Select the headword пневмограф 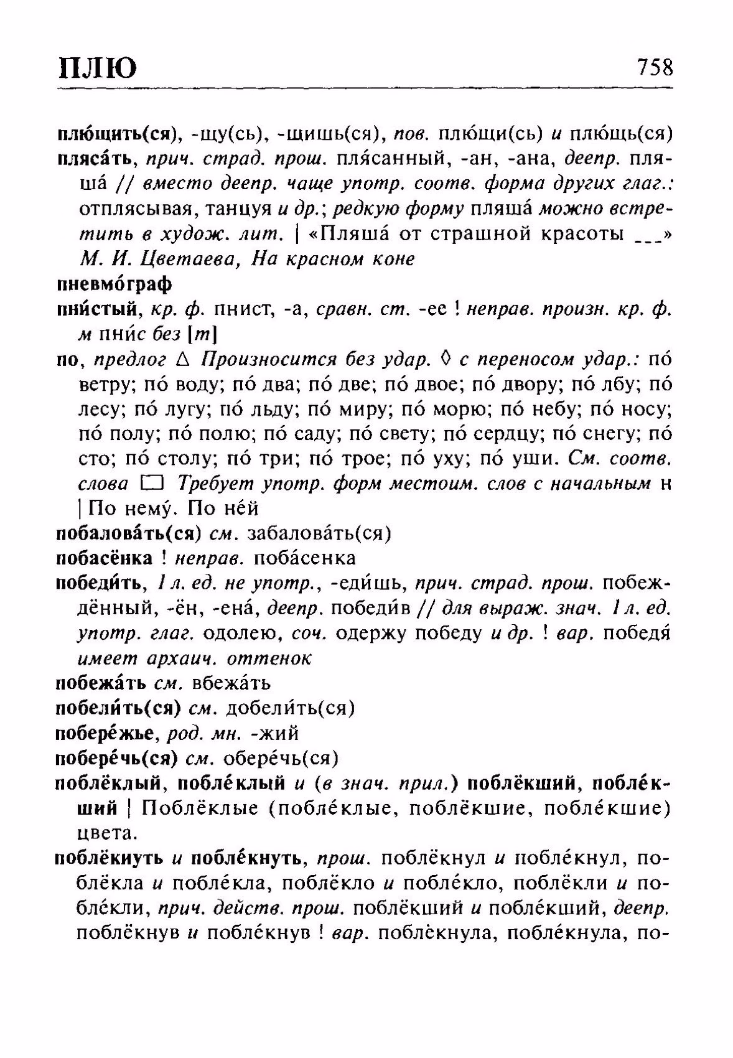coord(114,284)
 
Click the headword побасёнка coord(105,558)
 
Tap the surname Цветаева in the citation coord(186,260)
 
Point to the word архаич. coord(186,658)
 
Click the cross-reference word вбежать coord(231,683)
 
